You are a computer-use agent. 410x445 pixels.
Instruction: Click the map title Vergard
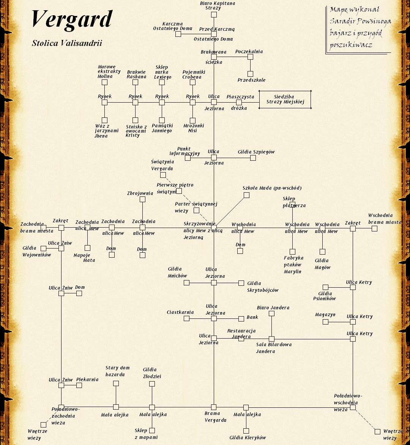72,19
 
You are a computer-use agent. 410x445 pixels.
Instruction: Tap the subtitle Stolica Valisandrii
67,43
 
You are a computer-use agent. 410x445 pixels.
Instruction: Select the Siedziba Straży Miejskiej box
285,100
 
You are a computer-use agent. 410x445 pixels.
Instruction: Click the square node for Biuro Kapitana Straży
214,15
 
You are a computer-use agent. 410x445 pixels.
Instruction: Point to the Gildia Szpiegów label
256,152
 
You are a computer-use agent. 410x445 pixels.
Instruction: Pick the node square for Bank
241,319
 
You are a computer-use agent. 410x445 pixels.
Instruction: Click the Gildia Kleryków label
248,437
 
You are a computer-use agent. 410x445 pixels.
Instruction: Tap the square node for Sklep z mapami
152,431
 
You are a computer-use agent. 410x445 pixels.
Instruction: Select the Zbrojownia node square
142,200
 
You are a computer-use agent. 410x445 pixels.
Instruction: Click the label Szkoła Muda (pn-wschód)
272,188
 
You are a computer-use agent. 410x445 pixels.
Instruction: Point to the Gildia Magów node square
322,252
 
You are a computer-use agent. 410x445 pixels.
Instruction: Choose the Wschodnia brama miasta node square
374,228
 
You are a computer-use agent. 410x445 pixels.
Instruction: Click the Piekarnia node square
79,385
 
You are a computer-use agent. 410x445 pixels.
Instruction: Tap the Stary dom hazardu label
117,371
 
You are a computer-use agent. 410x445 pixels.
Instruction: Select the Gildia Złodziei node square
152,384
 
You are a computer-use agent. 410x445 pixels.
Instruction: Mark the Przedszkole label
251,80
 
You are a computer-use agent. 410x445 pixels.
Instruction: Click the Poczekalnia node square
250,57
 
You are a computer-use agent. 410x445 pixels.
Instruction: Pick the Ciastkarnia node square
186,318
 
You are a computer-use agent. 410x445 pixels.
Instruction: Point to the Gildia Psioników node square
325,287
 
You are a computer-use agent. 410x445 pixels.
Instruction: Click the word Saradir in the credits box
341,21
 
